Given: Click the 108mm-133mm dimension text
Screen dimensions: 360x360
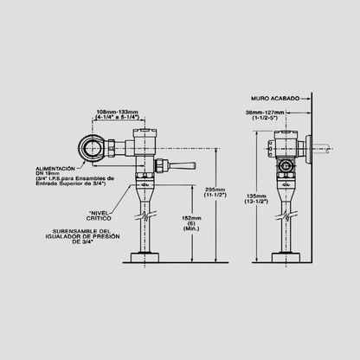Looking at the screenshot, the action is click(116, 112).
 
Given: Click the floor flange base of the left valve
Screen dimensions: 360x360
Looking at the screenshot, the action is click(148, 256).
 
